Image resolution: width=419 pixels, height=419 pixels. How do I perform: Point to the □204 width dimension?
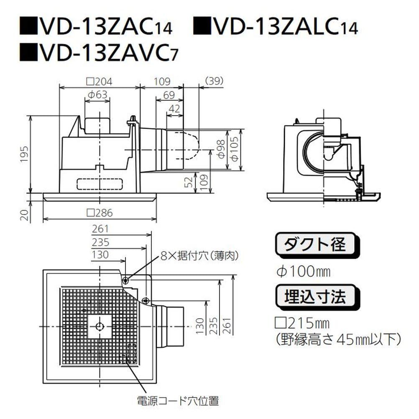(100, 81)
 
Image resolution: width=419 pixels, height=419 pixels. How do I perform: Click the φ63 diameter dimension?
(97, 95)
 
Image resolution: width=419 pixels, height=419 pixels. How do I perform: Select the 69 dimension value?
(169, 95)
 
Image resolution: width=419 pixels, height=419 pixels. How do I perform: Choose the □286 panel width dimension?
(100, 213)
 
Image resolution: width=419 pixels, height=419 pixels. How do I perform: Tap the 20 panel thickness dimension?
(25, 215)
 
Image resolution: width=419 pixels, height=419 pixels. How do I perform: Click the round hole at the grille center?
(100, 326)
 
